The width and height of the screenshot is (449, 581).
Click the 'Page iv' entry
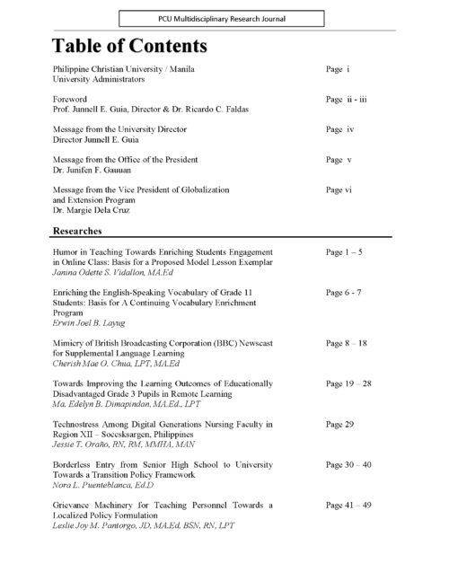[339, 129]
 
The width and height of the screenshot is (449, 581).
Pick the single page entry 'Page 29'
[339, 422]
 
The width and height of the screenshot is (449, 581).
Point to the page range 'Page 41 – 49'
[350, 506]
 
